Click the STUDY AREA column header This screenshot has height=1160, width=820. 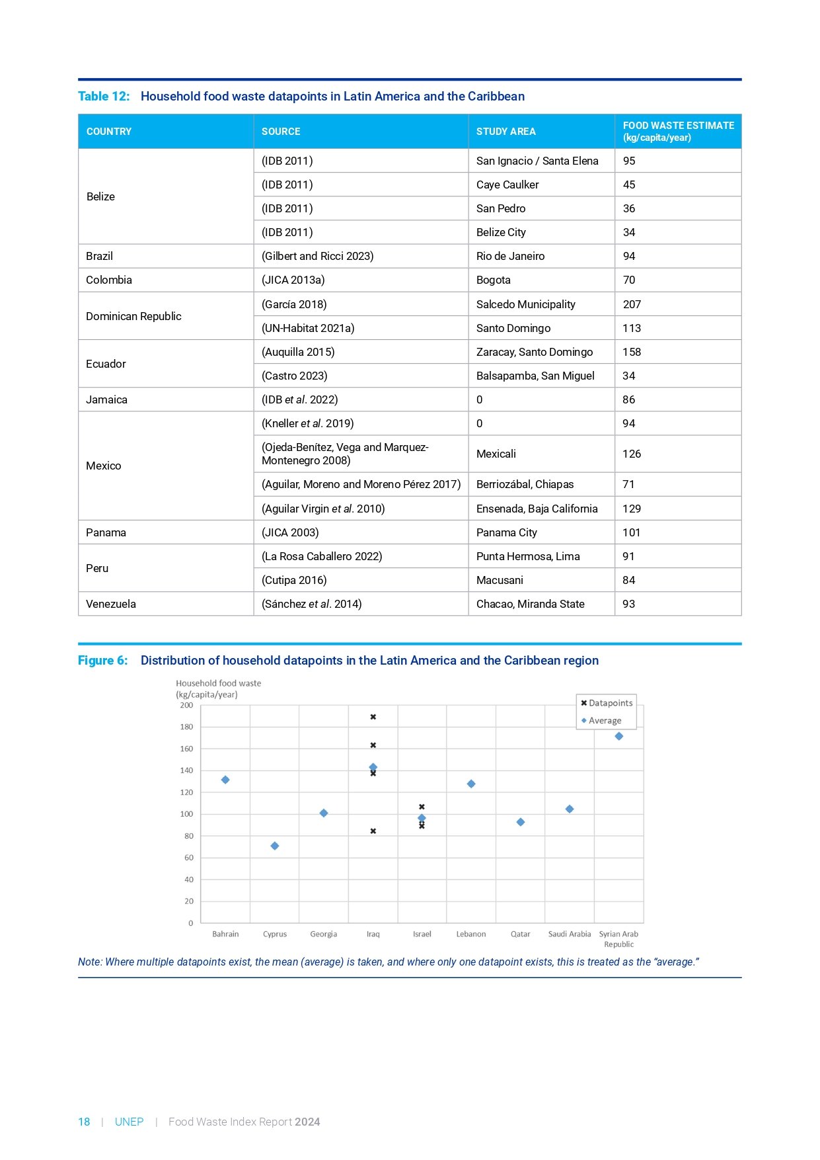(505, 132)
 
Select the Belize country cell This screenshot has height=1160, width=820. (100, 196)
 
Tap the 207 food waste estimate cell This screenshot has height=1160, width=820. (632, 304)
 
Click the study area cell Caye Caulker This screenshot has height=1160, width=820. (507, 185)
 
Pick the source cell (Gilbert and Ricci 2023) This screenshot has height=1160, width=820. (317, 256)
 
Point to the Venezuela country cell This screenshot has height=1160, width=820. (111, 604)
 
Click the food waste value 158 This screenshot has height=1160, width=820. (632, 352)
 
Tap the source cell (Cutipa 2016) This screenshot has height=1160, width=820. (294, 580)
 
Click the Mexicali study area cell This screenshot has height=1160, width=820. (496, 454)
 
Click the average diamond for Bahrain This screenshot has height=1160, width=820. (225, 780)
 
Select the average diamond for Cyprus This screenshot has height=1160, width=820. (275, 846)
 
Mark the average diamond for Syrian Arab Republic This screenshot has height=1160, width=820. (619, 736)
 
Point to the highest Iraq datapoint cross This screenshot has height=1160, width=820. (373, 717)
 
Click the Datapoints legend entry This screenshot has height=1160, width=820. (607, 703)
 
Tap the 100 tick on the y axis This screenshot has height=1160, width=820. (186, 814)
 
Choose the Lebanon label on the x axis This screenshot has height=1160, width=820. (471, 934)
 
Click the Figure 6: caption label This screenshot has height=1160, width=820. (102, 661)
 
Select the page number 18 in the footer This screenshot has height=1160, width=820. (84, 1122)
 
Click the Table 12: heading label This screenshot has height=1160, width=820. (104, 97)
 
